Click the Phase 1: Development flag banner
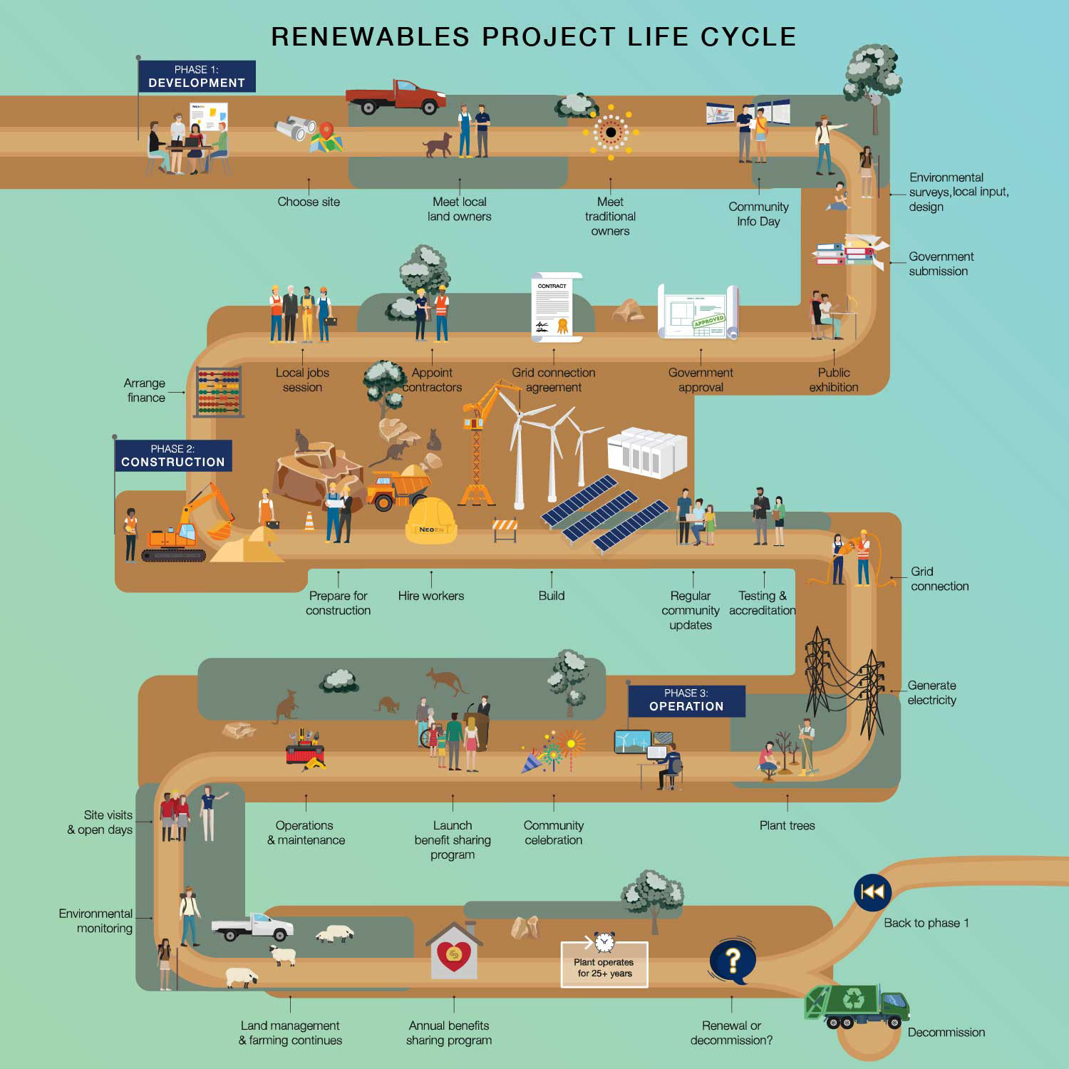197,76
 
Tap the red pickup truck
396,98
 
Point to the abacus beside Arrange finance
219,391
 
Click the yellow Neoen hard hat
430,521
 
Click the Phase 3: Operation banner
686,701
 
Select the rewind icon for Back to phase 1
872,892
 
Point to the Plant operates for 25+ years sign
604,966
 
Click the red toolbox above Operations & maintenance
305,753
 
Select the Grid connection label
939,579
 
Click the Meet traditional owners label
610,217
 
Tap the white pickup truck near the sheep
253,926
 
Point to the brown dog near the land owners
438,145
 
